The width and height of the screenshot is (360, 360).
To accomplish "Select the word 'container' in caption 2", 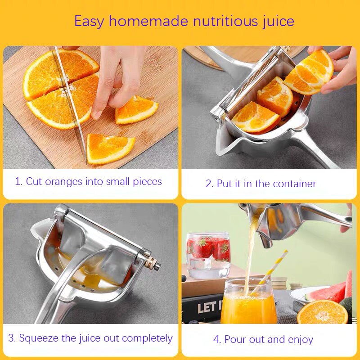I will (x=294, y=184).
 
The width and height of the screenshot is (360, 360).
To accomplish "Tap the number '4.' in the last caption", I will (x=217, y=339).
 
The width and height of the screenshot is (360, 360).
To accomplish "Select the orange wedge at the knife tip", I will (x=110, y=148).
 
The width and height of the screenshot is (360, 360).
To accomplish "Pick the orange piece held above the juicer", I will (x=310, y=72).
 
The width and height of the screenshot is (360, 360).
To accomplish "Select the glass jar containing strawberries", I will (x=207, y=254).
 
